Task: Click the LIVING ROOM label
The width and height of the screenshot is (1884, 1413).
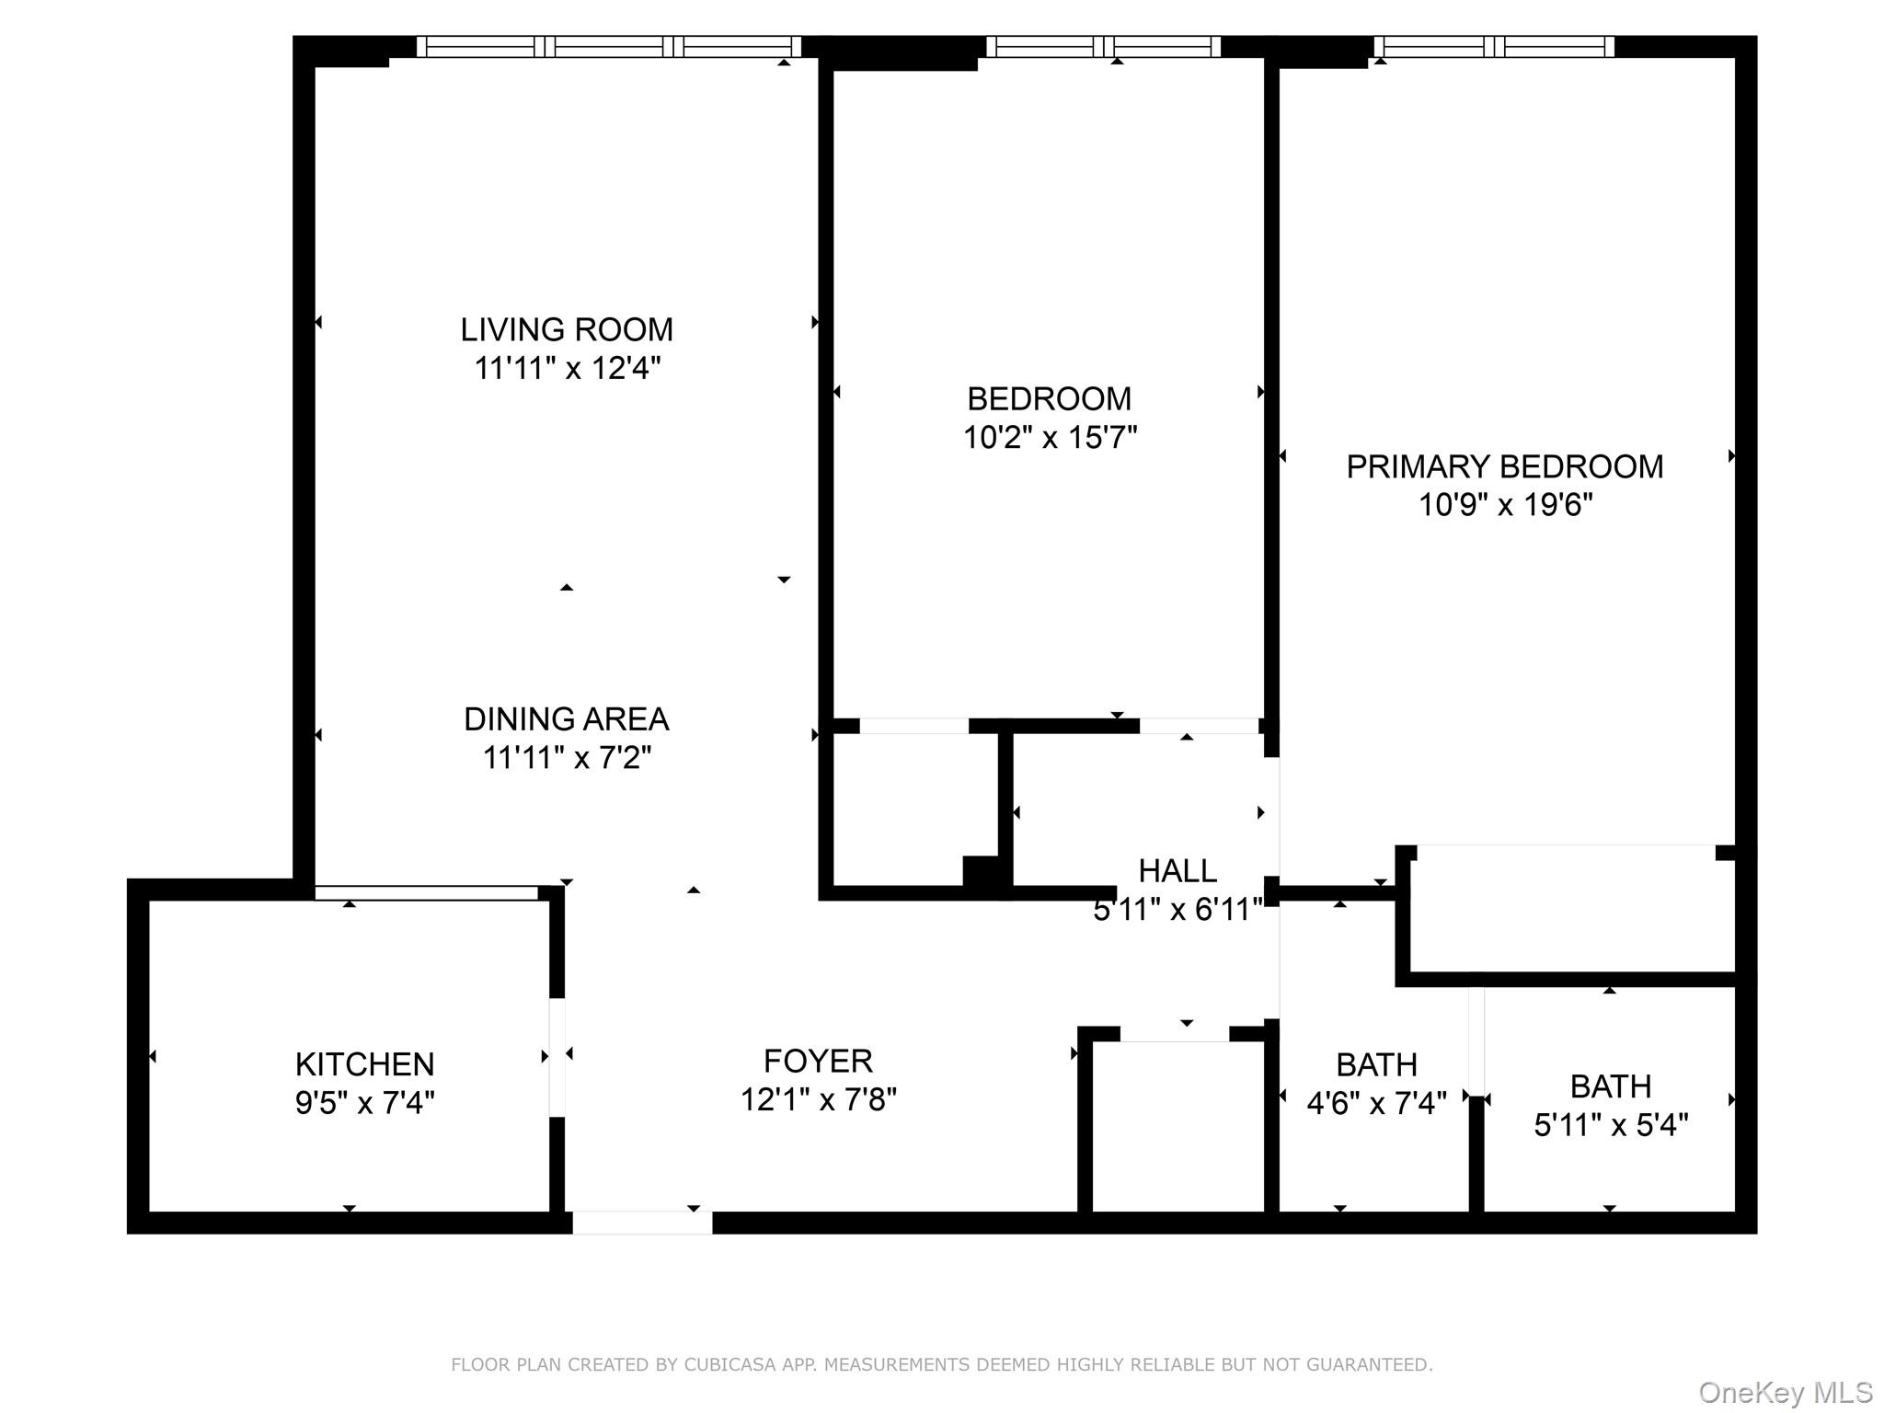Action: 567,329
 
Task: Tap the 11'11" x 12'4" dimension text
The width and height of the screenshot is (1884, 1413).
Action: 568,369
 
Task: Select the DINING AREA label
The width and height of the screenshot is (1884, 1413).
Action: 566,719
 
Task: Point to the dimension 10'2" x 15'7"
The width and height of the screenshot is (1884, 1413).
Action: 1050,438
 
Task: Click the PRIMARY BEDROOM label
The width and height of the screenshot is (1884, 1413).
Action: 1504,467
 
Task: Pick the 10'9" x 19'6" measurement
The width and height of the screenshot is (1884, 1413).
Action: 1505,506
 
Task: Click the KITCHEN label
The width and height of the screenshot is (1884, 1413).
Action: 364,1064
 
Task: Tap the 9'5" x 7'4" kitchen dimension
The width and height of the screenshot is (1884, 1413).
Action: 364,1103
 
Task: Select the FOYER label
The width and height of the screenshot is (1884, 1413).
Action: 818,1062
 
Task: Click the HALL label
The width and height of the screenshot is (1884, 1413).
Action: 1177,870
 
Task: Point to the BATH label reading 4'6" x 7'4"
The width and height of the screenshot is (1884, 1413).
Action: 1376,1065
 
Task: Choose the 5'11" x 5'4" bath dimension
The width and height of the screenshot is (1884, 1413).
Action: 1611,1125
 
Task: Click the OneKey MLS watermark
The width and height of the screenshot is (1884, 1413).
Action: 1786,1393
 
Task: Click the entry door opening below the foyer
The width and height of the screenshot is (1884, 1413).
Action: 642,1223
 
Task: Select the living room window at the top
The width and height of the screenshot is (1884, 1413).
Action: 609,46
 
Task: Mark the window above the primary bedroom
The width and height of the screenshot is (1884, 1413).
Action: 1494,46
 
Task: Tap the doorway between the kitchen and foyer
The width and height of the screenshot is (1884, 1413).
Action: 557,1057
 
